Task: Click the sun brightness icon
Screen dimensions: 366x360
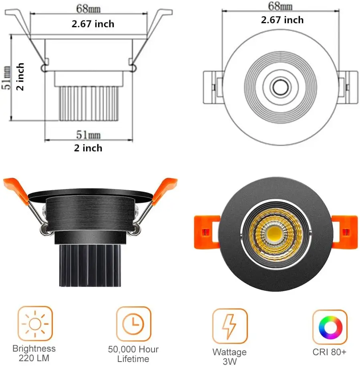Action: pyautogui.click(x=35, y=324)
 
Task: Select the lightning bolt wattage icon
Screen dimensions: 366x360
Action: pyautogui.click(x=230, y=326)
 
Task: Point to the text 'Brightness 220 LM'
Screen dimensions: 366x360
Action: pyautogui.click(x=34, y=354)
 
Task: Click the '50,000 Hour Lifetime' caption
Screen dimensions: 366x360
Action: pyautogui.click(x=133, y=354)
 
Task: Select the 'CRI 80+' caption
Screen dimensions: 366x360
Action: pyautogui.click(x=330, y=353)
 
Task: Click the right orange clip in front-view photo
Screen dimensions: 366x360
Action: pyautogui.click(x=345, y=231)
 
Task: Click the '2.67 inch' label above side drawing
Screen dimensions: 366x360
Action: pyautogui.click(x=93, y=24)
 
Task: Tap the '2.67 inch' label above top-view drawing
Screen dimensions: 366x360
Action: pyautogui.click(x=282, y=20)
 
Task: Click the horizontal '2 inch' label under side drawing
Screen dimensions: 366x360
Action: pyautogui.click(x=88, y=148)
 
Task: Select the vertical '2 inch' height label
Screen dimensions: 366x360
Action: pyautogui.click(x=20, y=76)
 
